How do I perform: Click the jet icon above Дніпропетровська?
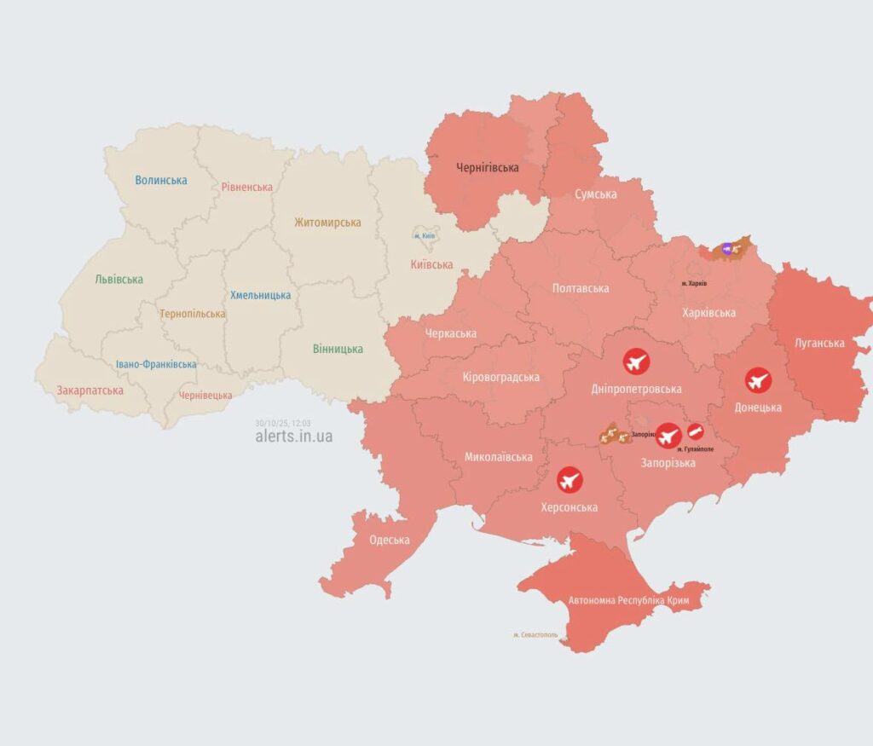click(x=636, y=361)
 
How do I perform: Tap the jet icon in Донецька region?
click(x=757, y=379)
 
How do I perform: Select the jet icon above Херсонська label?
click(x=569, y=480)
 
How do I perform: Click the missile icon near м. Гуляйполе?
click(x=696, y=431)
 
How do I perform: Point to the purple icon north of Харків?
click(x=726, y=249)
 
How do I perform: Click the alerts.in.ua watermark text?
click(x=294, y=437)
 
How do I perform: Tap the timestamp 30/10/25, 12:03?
click(x=282, y=422)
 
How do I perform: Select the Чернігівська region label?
click(x=488, y=168)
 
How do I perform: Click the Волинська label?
click(x=161, y=180)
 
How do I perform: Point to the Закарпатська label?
click(x=90, y=390)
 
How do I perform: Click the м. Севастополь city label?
click(x=535, y=635)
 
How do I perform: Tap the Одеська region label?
click(x=389, y=540)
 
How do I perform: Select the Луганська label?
click(x=819, y=343)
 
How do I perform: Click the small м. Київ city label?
click(x=425, y=235)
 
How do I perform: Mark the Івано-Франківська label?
click(x=156, y=364)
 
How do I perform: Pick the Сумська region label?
click(x=596, y=194)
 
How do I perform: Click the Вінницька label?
click(x=338, y=349)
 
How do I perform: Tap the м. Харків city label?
click(x=694, y=283)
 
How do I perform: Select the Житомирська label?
click(x=327, y=223)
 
